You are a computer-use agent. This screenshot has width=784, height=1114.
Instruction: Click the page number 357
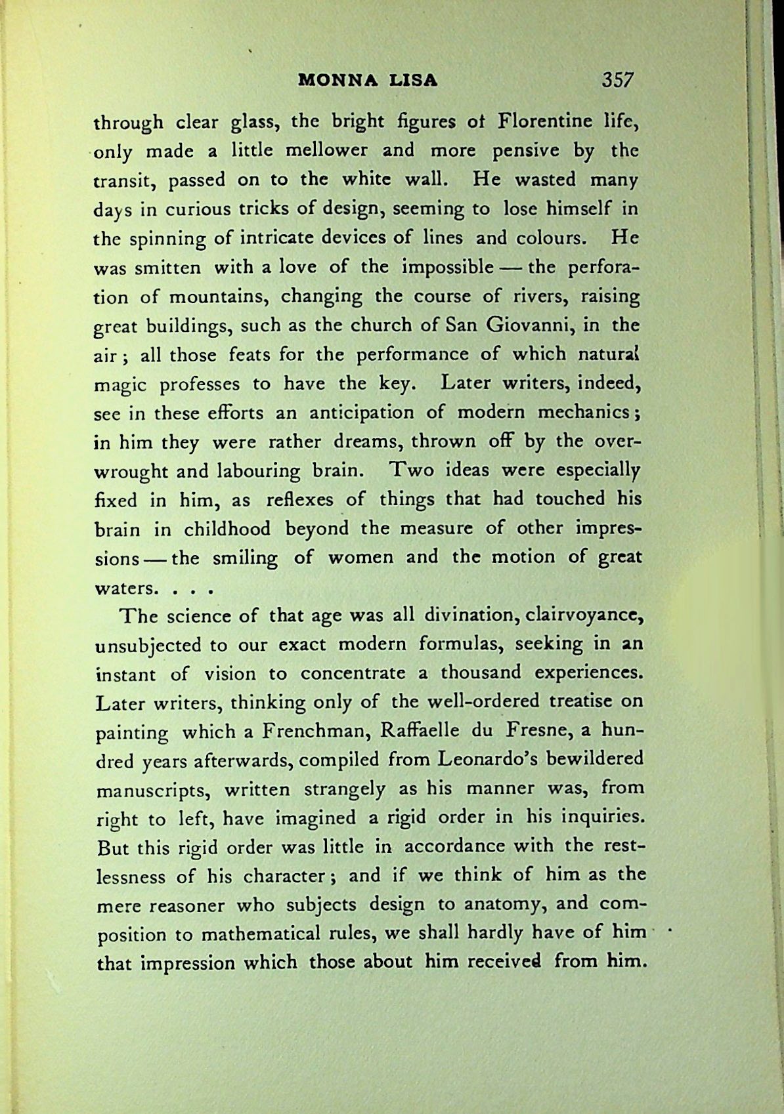[617, 80]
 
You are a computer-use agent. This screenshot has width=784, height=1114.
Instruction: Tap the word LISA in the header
[414, 81]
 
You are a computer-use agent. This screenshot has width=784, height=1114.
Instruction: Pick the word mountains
[216, 297]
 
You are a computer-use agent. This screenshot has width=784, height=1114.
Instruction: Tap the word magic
[116, 385]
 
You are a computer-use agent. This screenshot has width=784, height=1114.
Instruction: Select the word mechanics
[586, 413]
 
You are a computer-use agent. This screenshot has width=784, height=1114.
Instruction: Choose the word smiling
[245, 558]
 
